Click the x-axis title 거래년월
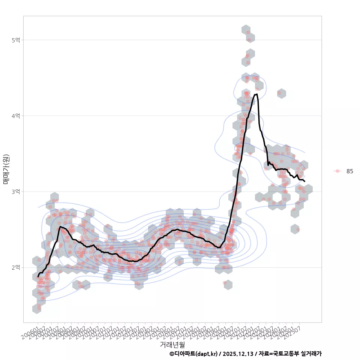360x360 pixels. point(172,344)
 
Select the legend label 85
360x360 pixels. point(349,171)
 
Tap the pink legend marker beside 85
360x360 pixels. point(337,171)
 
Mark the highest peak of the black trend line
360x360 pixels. point(256,94)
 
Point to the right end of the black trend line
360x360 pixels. point(304,181)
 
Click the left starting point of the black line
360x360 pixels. point(38,276)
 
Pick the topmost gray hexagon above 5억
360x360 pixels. point(246,30)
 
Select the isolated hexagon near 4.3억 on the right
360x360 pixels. point(282,93)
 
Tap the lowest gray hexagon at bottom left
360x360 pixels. point(37,309)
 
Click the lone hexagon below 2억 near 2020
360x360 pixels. point(228,285)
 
